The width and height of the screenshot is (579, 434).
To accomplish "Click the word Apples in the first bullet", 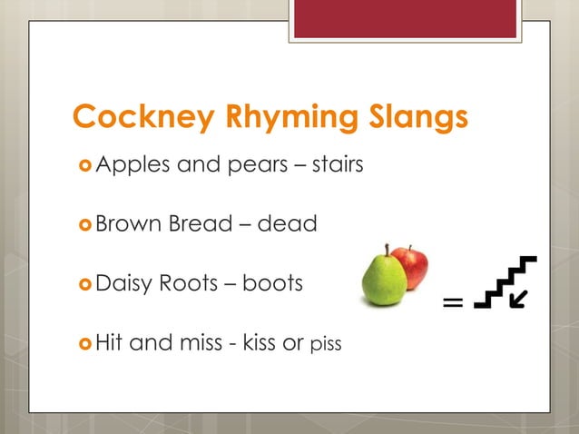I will [x=128, y=166].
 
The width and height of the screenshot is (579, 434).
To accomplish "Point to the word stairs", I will [x=338, y=165].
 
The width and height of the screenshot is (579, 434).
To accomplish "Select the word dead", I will [x=288, y=222].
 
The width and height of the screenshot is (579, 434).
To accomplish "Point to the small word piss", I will [x=326, y=345].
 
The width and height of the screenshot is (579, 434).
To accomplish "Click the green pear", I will [x=384, y=278].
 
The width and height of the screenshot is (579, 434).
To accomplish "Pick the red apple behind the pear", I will [x=414, y=266].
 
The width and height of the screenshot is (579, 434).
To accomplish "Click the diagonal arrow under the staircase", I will [x=520, y=298].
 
